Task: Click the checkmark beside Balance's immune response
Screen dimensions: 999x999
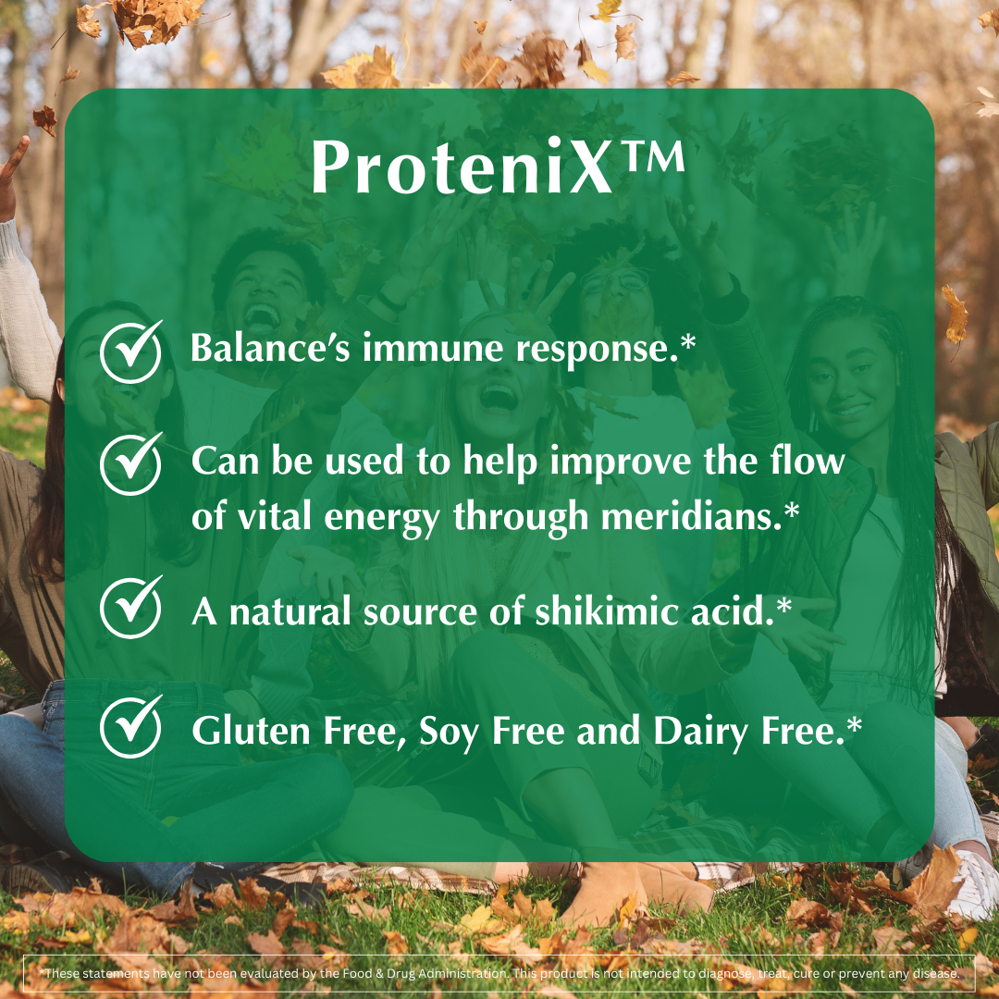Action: pyautogui.click(x=130, y=352)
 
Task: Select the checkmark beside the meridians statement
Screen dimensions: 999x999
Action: pyautogui.click(x=130, y=463)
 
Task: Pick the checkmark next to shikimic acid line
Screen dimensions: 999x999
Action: pyautogui.click(x=130, y=608)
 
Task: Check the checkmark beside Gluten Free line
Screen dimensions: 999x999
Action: pyautogui.click(x=130, y=728)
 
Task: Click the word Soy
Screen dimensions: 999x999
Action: pyautogui.click(x=449, y=733)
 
